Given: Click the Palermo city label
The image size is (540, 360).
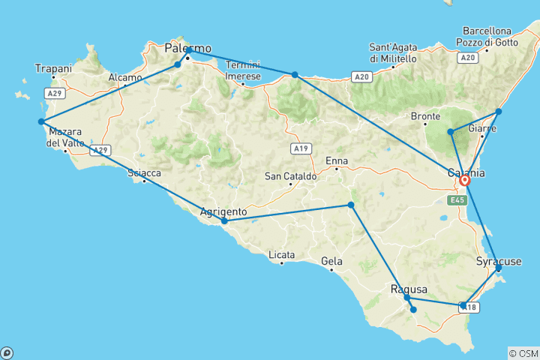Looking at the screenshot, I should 187,48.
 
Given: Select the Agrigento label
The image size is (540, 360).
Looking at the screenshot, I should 224,211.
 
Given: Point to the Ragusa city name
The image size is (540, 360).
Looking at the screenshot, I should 409,289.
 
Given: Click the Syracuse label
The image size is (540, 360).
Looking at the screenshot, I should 498,261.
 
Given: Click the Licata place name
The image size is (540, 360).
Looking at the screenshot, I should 282,254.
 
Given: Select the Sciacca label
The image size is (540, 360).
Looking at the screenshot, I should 145,173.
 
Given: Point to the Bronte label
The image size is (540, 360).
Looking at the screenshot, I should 425,116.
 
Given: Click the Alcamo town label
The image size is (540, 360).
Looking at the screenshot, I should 124,77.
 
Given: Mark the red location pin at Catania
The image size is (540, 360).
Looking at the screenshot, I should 465,180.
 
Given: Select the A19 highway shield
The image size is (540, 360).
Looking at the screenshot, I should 301,148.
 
